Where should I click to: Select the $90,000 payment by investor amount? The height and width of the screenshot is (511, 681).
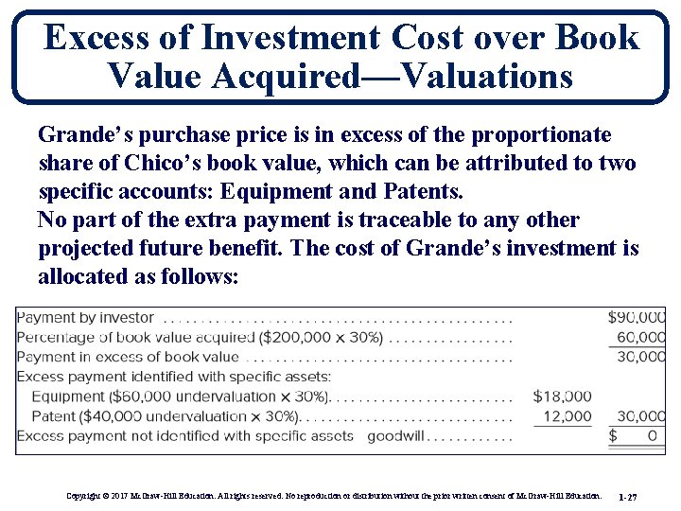pyautogui.click(x=637, y=317)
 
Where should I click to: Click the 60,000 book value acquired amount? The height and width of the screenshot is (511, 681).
pyautogui.click(x=641, y=337)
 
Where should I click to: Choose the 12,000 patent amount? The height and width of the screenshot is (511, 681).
pyautogui.click(x=567, y=416)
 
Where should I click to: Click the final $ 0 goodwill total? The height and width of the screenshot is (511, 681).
pyautogui.click(x=637, y=436)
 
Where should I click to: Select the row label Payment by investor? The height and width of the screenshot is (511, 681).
pyautogui.click(x=85, y=317)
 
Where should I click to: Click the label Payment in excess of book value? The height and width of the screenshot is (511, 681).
pyautogui.click(x=128, y=357)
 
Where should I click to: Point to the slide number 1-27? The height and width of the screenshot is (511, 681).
pyautogui.click(x=627, y=496)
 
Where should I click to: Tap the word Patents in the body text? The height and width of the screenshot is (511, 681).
pyautogui.click(x=422, y=192)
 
